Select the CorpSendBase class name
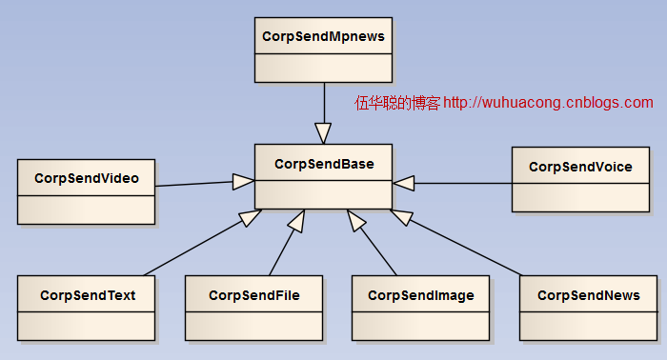[323, 164]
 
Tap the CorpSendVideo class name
[86, 178]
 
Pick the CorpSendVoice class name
[580, 167]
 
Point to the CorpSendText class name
[87, 295]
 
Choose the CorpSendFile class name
[254, 295]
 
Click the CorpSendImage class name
[420, 295]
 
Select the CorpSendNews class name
[588, 295]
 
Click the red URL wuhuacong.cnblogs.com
[549, 103]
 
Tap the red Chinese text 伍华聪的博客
[397, 103]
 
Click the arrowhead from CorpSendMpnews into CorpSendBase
[323, 132]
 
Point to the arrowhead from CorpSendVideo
[243, 179]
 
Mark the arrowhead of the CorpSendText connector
[250, 218]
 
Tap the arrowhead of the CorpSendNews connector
[402, 217]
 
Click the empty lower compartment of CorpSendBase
[323, 195]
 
